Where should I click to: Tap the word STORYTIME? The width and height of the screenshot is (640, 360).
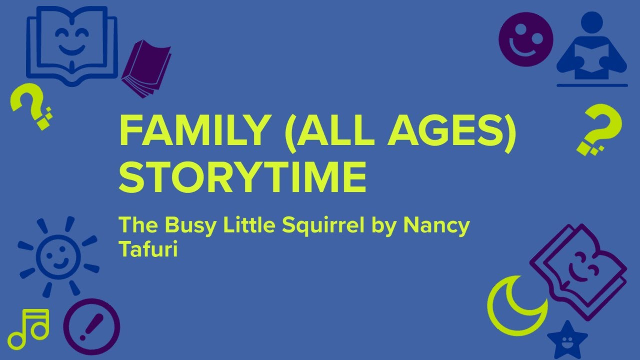pyautogui.click(x=242, y=176)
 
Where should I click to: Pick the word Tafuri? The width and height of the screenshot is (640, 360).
pyautogui.click(x=148, y=249)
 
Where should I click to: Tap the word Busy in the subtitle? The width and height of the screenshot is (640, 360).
pyautogui.click(x=189, y=226)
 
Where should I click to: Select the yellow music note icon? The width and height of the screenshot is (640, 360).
pyautogui.click(x=29, y=328)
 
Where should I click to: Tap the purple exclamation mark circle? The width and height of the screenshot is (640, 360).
pyautogui.click(x=91, y=327)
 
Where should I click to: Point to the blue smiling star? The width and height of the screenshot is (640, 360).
pyautogui.click(x=567, y=339)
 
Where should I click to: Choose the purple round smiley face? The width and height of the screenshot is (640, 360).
pyautogui.click(x=526, y=39)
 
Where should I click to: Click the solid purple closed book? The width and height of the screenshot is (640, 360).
pyautogui.click(x=145, y=70)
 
